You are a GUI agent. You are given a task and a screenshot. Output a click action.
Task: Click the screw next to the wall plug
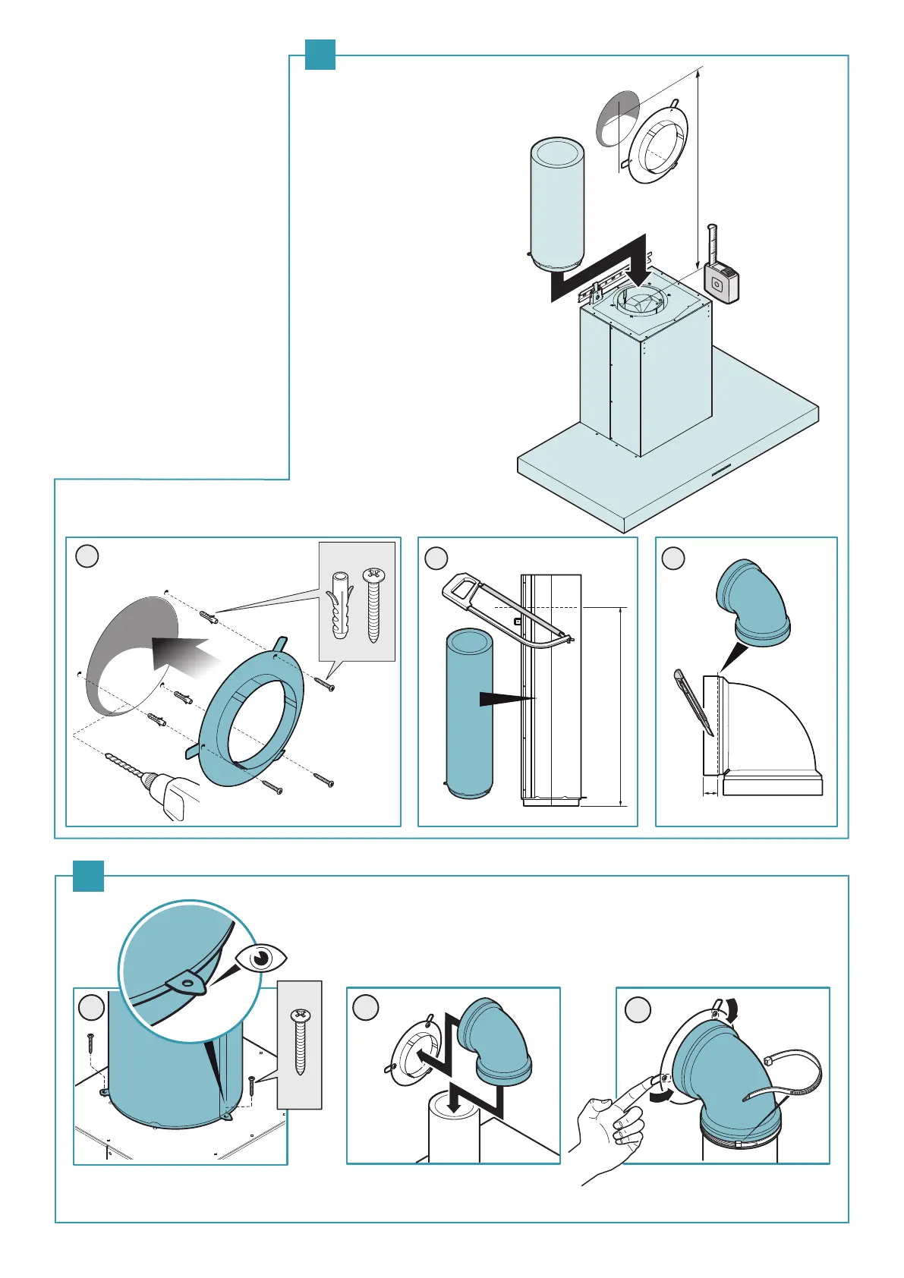click(x=373, y=605)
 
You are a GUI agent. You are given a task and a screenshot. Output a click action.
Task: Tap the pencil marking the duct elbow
click(x=693, y=702)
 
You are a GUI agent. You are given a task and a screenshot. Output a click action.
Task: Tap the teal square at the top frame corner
click(x=320, y=55)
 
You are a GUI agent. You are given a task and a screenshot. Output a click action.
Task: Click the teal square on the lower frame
click(x=88, y=876)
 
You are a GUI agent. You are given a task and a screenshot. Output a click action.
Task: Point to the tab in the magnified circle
click(x=187, y=984)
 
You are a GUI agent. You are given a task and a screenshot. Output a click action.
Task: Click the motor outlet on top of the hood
click(x=641, y=301)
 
